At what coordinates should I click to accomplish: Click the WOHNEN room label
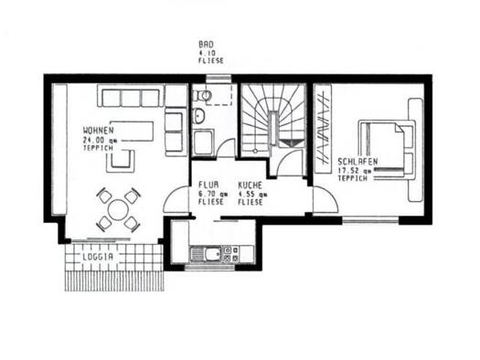[98, 131]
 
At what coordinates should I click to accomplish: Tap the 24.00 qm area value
[100, 141]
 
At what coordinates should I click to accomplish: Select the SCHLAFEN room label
[357, 161]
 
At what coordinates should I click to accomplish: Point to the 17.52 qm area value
[355, 171]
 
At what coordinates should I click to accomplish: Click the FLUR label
[208, 185]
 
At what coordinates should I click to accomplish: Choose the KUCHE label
[251, 185]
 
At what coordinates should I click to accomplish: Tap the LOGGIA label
[98, 258]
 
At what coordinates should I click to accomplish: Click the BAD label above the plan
[206, 45]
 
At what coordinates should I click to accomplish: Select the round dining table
[118, 209]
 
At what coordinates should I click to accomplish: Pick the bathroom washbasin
[198, 116]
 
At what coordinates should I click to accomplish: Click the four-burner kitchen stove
[230, 254]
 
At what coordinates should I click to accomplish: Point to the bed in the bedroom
[387, 149]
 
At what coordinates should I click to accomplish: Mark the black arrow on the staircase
[290, 143]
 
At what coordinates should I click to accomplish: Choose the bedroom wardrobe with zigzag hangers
[324, 129]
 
